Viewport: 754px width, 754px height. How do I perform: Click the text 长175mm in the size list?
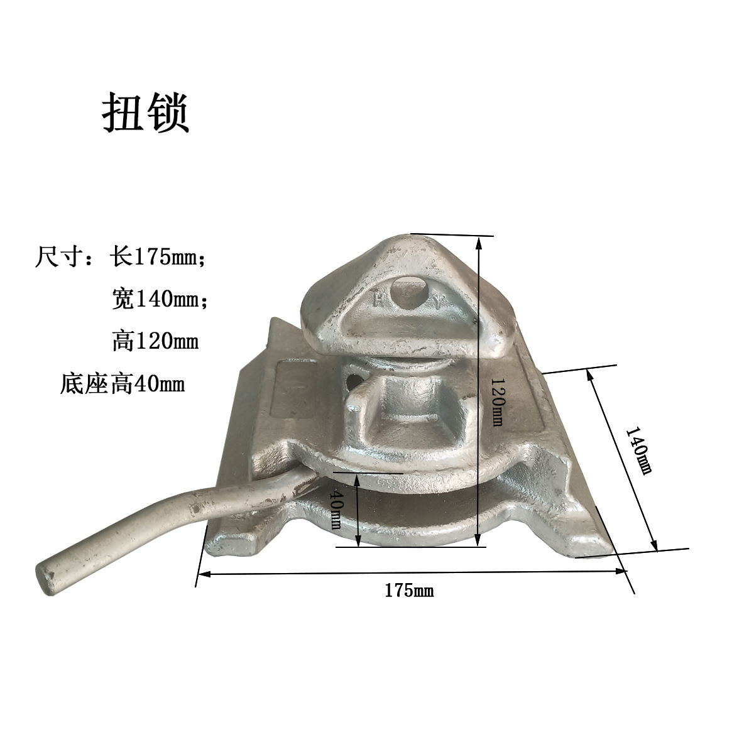(x=157, y=256)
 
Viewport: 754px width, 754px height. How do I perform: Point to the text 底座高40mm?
(x=122, y=384)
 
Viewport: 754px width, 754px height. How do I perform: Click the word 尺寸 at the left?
(x=58, y=257)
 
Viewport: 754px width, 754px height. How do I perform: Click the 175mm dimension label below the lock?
(x=409, y=590)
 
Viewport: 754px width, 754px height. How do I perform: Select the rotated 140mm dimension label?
(x=638, y=451)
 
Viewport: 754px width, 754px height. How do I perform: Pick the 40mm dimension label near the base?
(x=336, y=509)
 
